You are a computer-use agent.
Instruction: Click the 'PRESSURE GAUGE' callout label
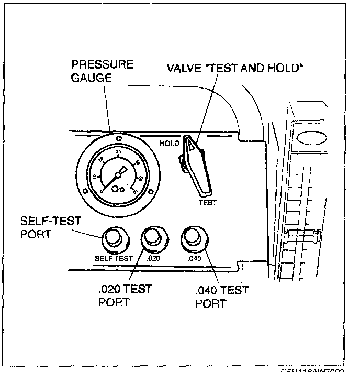pyautogui.click(x=103, y=71)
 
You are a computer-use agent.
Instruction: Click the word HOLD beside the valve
pyautogui.click(x=169, y=142)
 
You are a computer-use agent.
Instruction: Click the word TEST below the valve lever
pyautogui.click(x=207, y=202)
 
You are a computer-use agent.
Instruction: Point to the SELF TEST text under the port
pyautogui.click(x=114, y=258)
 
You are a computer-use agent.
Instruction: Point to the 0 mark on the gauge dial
pyautogui.click(x=102, y=191)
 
